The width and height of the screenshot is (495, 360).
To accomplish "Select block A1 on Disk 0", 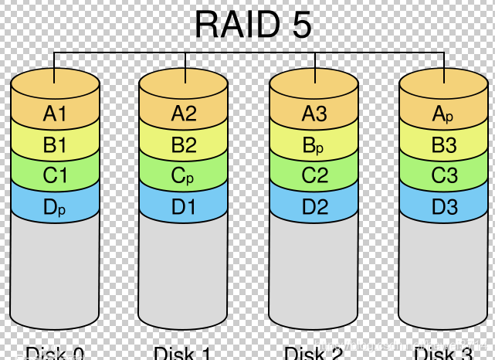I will (x=56, y=114).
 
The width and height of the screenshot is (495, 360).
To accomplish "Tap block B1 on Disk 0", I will (x=56, y=145).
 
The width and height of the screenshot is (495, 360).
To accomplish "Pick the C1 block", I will (x=56, y=175).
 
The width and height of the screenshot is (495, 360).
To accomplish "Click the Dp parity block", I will (x=56, y=206).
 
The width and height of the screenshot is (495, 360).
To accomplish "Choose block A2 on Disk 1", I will (x=184, y=114).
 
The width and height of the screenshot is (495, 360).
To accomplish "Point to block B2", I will (x=184, y=145).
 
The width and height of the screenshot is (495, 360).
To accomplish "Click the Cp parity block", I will (x=184, y=175).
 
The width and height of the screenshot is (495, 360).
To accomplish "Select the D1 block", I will (x=184, y=206).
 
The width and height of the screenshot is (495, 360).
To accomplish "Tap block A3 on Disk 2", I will (x=314, y=114).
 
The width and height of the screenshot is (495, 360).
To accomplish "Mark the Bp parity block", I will (x=314, y=145).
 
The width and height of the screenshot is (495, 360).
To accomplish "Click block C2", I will (x=314, y=175).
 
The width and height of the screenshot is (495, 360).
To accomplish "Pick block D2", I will (x=314, y=206).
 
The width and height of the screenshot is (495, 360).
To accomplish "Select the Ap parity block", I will (x=443, y=114).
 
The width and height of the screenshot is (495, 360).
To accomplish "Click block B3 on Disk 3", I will (x=443, y=145).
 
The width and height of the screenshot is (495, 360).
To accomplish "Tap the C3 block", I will (x=443, y=175).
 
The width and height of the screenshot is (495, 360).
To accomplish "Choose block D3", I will (x=443, y=206).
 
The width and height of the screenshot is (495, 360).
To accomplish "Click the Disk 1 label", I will (x=184, y=354).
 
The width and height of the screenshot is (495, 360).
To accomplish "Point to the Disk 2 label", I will (x=314, y=354).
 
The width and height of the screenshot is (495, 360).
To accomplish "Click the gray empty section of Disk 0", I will (x=56, y=270).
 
